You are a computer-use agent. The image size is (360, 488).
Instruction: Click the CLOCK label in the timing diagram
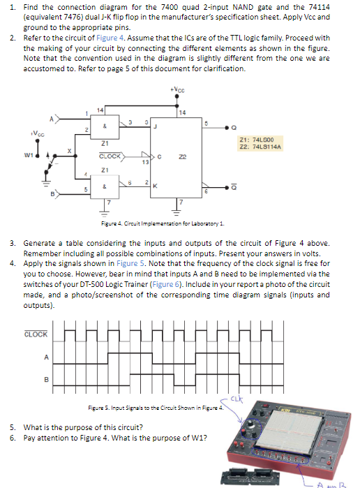tap(36, 334)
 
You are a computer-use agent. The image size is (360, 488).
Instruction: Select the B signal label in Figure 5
tap(46, 380)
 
